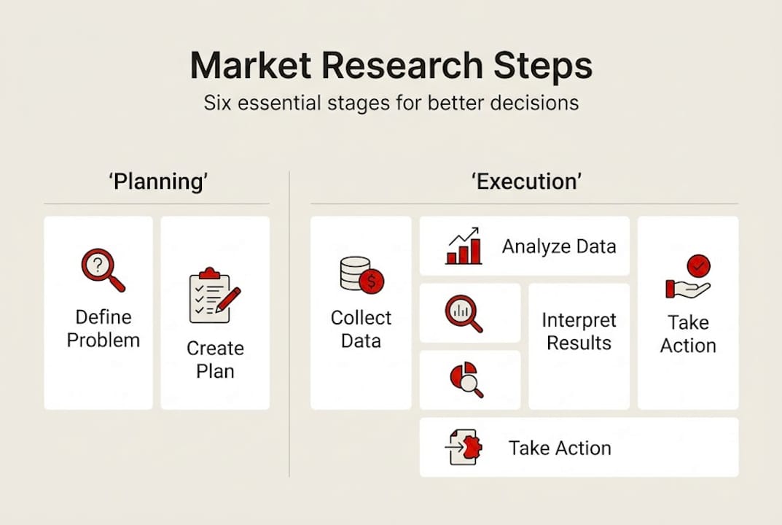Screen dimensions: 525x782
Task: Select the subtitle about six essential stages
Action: click(391, 102)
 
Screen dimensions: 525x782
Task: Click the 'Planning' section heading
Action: click(158, 181)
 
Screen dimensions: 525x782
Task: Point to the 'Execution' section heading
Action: click(526, 181)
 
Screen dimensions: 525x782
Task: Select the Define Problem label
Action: click(103, 328)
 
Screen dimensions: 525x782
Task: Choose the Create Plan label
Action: click(215, 359)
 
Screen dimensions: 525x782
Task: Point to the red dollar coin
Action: click(372, 281)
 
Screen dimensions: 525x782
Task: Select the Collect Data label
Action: click(361, 329)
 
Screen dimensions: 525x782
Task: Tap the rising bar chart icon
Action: click(464, 246)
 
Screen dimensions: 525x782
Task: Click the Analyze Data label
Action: click(559, 246)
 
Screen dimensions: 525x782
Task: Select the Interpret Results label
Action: click(579, 332)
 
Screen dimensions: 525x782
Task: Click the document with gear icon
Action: click(464, 447)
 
